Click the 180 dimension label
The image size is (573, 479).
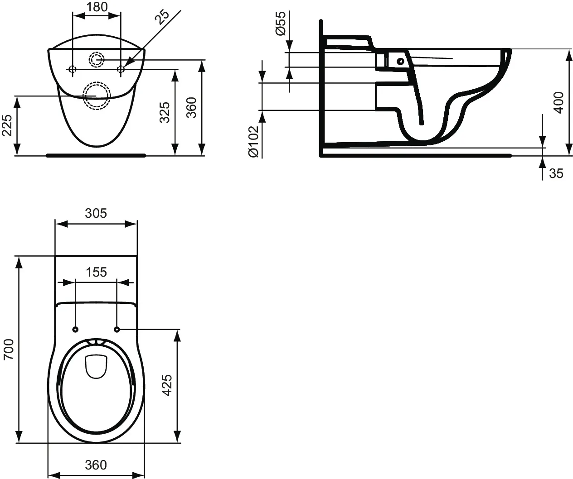coord(97,7)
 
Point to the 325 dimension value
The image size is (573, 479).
coord(165,113)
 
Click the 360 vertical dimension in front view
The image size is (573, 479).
coord(192,107)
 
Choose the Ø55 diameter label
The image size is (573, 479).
coord(281,24)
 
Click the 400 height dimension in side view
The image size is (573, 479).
coord(558,102)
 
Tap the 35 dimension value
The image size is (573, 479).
coord(556,173)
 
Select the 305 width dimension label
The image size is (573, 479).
coord(96,213)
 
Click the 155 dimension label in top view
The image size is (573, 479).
coord(96,272)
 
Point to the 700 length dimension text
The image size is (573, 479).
coord(9,350)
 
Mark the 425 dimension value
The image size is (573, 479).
coord(167,385)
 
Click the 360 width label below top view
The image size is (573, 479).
coord(96,465)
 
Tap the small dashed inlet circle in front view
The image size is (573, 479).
coord(96,59)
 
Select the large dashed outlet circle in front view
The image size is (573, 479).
coord(96,95)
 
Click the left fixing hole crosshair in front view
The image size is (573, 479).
coord(72,69)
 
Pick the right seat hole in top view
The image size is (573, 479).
coord(117,329)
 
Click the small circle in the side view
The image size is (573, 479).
coord(400,61)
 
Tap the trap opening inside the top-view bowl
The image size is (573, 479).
coord(96,366)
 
